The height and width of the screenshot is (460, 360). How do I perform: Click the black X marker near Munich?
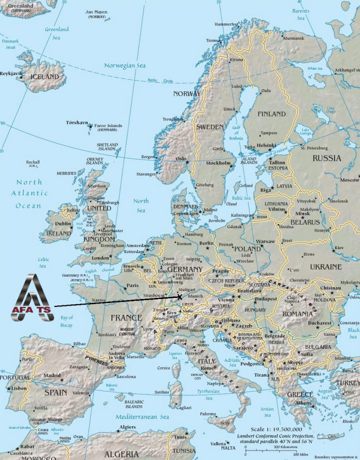[x=179, y=297]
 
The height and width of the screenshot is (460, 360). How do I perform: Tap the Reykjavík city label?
[x=11, y=73]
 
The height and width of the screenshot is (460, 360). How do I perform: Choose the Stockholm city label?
[x=219, y=163]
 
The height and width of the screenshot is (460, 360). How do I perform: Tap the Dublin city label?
[x=63, y=224]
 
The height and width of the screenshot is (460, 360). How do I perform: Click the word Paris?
[x=132, y=286]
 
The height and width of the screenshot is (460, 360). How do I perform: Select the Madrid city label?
[x=52, y=375]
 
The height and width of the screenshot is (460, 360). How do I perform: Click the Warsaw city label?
[x=265, y=241]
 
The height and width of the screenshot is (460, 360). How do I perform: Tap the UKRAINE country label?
[x=326, y=267]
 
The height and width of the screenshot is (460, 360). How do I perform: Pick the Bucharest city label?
[x=319, y=322]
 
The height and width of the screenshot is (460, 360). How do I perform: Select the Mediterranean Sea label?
[x=141, y=417]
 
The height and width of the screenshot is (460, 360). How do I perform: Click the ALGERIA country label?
[x=122, y=454]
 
